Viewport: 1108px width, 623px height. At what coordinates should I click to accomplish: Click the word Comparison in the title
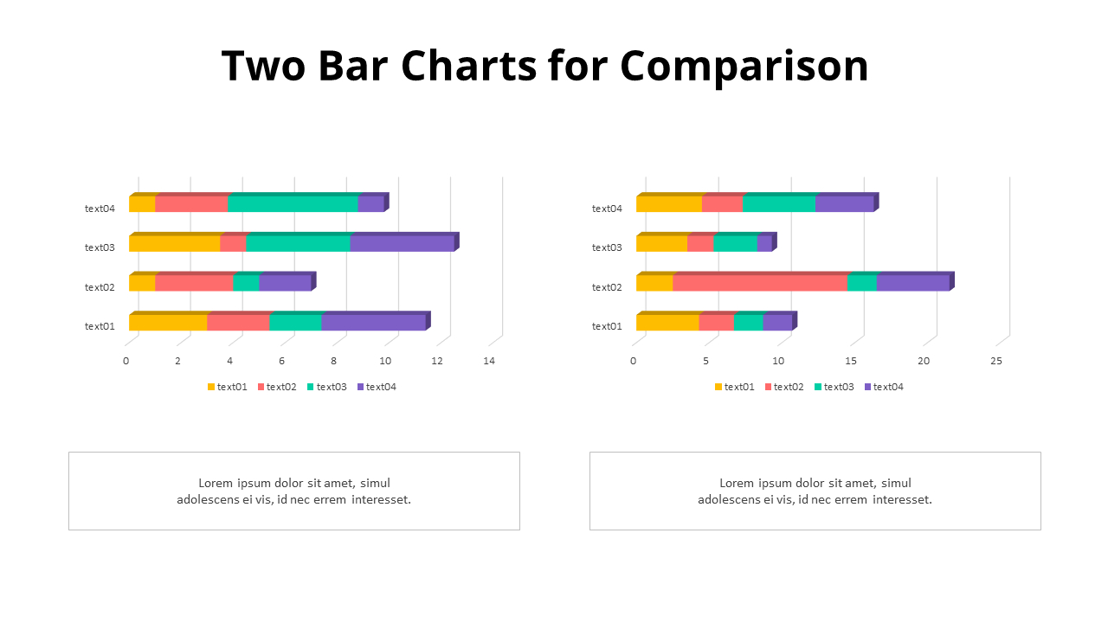click(x=744, y=66)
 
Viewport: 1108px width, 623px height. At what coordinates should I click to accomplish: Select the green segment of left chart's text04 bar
click(x=293, y=204)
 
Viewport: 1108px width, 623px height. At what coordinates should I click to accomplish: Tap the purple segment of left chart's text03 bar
click(x=402, y=244)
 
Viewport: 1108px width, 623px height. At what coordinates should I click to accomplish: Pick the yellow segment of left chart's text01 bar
click(x=168, y=323)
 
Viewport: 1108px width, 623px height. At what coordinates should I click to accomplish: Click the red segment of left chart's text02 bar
click(x=194, y=283)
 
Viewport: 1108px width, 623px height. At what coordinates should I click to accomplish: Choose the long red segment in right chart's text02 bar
click(x=760, y=283)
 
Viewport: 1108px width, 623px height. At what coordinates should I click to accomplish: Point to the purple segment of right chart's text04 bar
click(x=844, y=204)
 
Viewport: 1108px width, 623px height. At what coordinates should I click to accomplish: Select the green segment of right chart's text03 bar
click(x=735, y=244)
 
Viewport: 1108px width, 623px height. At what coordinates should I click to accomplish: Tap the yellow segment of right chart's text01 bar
click(x=667, y=323)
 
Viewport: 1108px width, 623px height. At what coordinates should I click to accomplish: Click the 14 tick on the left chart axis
click(x=489, y=361)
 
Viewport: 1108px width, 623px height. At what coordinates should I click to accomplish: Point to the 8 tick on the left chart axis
click(x=333, y=361)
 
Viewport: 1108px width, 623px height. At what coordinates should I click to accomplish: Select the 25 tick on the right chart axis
click(x=996, y=361)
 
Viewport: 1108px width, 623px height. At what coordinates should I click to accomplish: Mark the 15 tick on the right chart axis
click(x=851, y=361)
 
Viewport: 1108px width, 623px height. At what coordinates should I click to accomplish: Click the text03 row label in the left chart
click(x=100, y=247)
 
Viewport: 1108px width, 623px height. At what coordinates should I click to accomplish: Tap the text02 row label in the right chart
click(x=607, y=287)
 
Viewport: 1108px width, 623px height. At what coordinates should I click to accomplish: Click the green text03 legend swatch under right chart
click(x=818, y=387)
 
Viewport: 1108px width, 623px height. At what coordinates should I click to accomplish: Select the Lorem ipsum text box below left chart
click(x=294, y=491)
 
